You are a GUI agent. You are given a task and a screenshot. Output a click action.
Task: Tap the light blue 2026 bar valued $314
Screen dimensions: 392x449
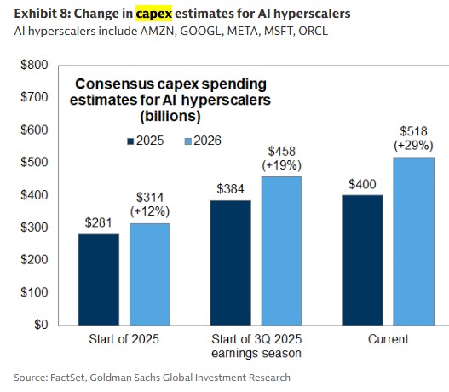pyautogui.click(x=149, y=274)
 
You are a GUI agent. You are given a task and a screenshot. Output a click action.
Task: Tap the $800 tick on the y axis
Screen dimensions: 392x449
pyautogui.click(x=34, y=65)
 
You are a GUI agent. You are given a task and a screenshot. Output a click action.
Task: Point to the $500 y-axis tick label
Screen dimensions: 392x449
pyautogui.click(x=34, y=162)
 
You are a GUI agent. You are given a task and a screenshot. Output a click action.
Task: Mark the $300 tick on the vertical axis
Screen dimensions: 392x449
pyautogui.click(x=34, y=228)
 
